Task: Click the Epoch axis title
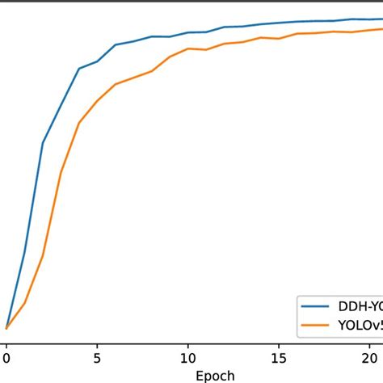214,375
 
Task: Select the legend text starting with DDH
360,307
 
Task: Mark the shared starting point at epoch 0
6,328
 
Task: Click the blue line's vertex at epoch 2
43,143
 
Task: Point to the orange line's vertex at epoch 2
43,256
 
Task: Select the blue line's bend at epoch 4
79,69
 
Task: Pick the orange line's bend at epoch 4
79,123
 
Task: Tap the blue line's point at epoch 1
24,252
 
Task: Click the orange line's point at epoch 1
24,303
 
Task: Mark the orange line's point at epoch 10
188,48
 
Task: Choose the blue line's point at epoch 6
116,44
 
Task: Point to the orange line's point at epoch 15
279,37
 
